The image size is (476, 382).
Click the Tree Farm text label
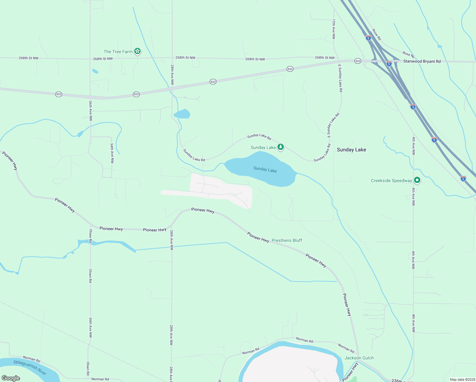pyautogui.click(x=118, y=52)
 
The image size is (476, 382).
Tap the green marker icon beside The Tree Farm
pyautogui.click(x=137, y=51)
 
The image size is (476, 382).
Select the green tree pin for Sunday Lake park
pyautogui.click(x=280, y=147)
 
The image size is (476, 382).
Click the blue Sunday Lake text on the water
pyautogui.click(x=265, y=170)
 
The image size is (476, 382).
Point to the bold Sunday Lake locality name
pyautogui.click(x=351, y=150)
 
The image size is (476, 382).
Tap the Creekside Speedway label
pyautogui.click(x=391, y=180)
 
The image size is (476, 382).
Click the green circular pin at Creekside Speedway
pyautogui.click(x=417, y=180)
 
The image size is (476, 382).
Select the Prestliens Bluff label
pyautogui.click(x=287, y=240)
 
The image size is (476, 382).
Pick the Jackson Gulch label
pyautogui.click(x=359, y=358)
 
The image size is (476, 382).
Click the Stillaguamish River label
pyautogui.click(x=30, y=367)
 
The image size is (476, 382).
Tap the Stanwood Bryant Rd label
pyautogui.click(x=422, y=61)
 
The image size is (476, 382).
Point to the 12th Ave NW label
pyautogui.click(x=333, y=29)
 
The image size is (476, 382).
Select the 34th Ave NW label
pyautogui.click(x=112, y=153)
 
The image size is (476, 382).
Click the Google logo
pyautogui.click(x=11, y=378)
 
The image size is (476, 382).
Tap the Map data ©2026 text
pyautogui.click(x=462, y=379)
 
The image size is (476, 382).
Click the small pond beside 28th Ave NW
pyautogui.click(x=182, y=114)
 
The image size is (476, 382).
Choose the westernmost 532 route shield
pyautogui.click(x=59, y=94)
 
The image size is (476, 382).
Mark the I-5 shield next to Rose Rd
pyautogui.click(x=368, y=38)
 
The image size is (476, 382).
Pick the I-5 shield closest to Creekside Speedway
pyautogui.click(x=434, y=139)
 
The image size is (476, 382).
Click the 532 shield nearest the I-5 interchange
pyautogui.click(x=358, y=61)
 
